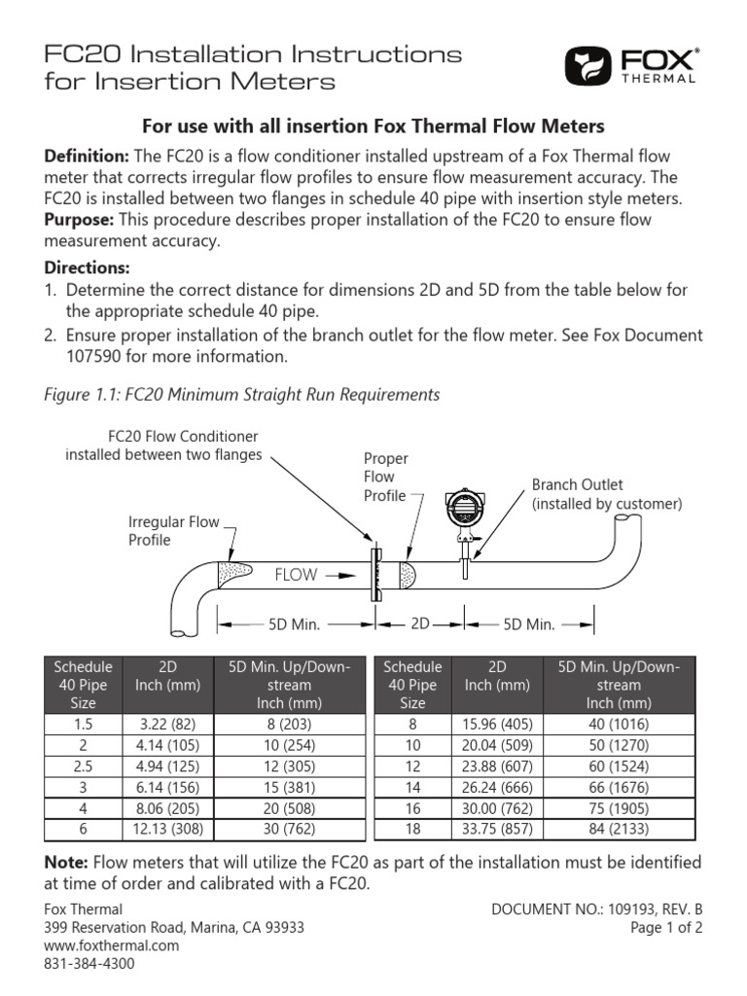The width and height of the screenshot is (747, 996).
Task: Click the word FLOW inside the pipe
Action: pos(296,575)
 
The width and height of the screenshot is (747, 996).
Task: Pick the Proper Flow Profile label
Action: pos(385,477)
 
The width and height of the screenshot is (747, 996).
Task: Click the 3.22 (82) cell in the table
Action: pos(166,724)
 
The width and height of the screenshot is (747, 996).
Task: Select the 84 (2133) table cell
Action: pos(619,829)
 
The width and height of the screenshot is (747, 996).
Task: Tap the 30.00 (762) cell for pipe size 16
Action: pos(497,807)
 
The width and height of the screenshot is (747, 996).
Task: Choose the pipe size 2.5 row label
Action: pos(83,765)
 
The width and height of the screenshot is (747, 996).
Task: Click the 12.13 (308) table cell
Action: pos(166,829)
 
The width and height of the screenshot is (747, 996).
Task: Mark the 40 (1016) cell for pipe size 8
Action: pos(619,724)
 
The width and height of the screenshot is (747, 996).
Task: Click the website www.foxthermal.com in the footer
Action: pos(112,945)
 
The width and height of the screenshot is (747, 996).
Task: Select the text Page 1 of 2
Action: pos(666,927)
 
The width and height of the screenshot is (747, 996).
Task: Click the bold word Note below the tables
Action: pos(66,863)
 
